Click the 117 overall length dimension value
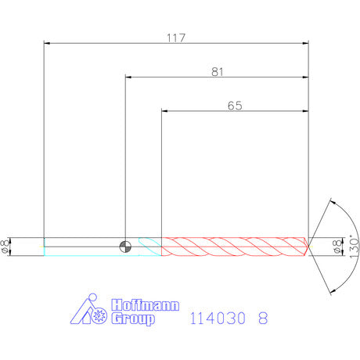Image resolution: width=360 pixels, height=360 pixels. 176,38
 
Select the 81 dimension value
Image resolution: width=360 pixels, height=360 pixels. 218,72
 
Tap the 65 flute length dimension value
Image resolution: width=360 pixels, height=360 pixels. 235,106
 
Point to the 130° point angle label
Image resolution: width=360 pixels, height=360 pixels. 354,247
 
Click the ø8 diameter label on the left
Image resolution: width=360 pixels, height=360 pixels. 5,247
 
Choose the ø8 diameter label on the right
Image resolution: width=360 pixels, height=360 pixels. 337,247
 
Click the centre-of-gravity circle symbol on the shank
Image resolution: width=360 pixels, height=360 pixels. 125,247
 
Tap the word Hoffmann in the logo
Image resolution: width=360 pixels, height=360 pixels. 146,305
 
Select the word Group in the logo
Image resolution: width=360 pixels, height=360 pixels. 133,319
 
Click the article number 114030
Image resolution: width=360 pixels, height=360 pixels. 218,318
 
